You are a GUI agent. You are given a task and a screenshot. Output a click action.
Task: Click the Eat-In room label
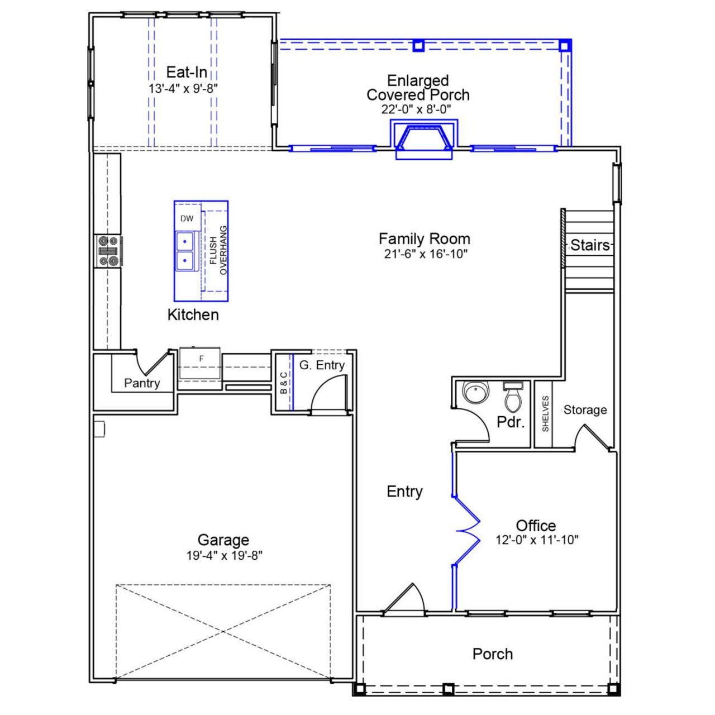click(x=187, y=72)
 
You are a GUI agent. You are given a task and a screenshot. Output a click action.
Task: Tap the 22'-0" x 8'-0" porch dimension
click(x=416, y=109)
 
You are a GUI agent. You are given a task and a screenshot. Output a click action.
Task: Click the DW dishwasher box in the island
click(x=187, y=218)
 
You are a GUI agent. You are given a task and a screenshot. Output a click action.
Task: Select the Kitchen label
click(x=193, y=314)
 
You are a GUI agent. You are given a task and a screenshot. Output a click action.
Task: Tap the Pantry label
click(x=142, y=383)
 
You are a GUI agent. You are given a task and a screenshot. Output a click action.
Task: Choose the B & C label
click(x=284, y=383)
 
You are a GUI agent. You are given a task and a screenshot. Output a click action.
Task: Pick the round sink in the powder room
click(x=475, y=393)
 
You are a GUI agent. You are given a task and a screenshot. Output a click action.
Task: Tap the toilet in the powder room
click(x=513, y=397)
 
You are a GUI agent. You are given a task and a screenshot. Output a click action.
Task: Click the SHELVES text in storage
click(x=545, y=413)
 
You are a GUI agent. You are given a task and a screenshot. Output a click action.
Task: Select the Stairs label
click(x=590, y=245)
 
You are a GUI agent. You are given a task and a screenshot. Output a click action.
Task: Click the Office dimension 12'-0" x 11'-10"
click(x=536, y=540)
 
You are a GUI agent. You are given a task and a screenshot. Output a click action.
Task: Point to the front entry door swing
click(x=406, y=599)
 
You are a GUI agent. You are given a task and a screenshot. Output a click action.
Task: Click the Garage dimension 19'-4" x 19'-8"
click(x=223, y=556)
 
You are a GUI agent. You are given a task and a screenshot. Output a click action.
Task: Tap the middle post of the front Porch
click(x=447, y=689)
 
